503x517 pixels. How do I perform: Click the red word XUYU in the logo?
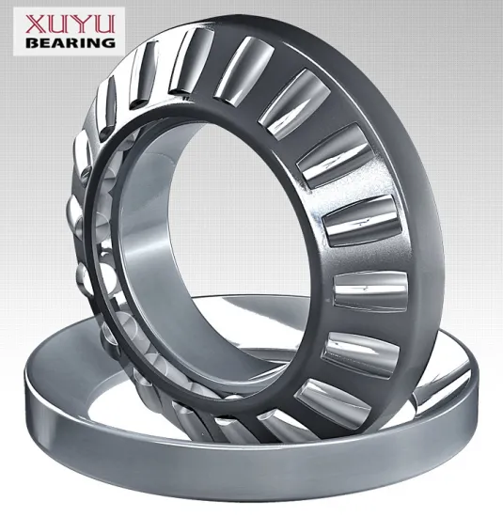coord(63,23)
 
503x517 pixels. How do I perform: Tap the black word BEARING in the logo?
coord(63,42)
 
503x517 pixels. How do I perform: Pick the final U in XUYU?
coord(102,23)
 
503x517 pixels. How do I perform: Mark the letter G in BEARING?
coord(108,42)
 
